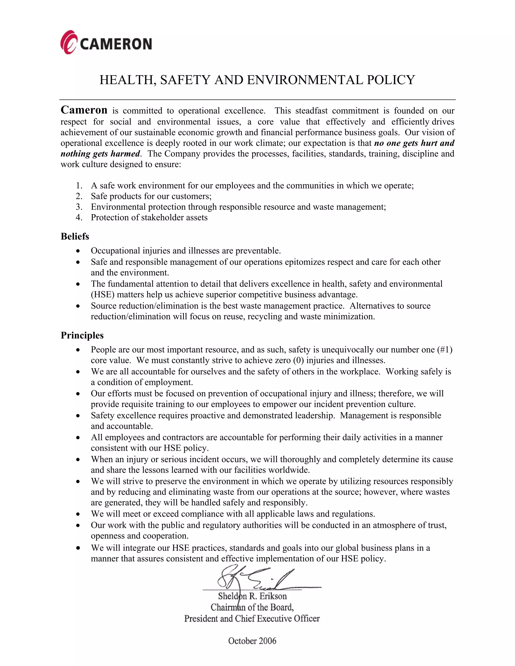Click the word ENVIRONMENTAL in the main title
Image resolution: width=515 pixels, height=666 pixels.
click(305, 80)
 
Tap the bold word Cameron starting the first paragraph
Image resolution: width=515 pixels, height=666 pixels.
click(84, 110)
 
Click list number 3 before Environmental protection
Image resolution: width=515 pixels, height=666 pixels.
click(79, 207)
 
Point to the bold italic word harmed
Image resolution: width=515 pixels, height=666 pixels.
click(125, 153)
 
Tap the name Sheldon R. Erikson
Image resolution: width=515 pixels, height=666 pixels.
click(252, 596)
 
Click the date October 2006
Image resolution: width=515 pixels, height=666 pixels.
click(252, 641)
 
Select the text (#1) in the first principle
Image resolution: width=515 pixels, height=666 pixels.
click(445, 350)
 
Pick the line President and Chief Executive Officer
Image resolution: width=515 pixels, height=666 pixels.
click(252, 619)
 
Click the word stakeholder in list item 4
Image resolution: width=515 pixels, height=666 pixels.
click(163, 217)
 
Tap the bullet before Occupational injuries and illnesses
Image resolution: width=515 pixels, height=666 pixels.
click(78, 251)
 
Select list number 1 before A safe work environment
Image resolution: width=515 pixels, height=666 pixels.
click(79, 185)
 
